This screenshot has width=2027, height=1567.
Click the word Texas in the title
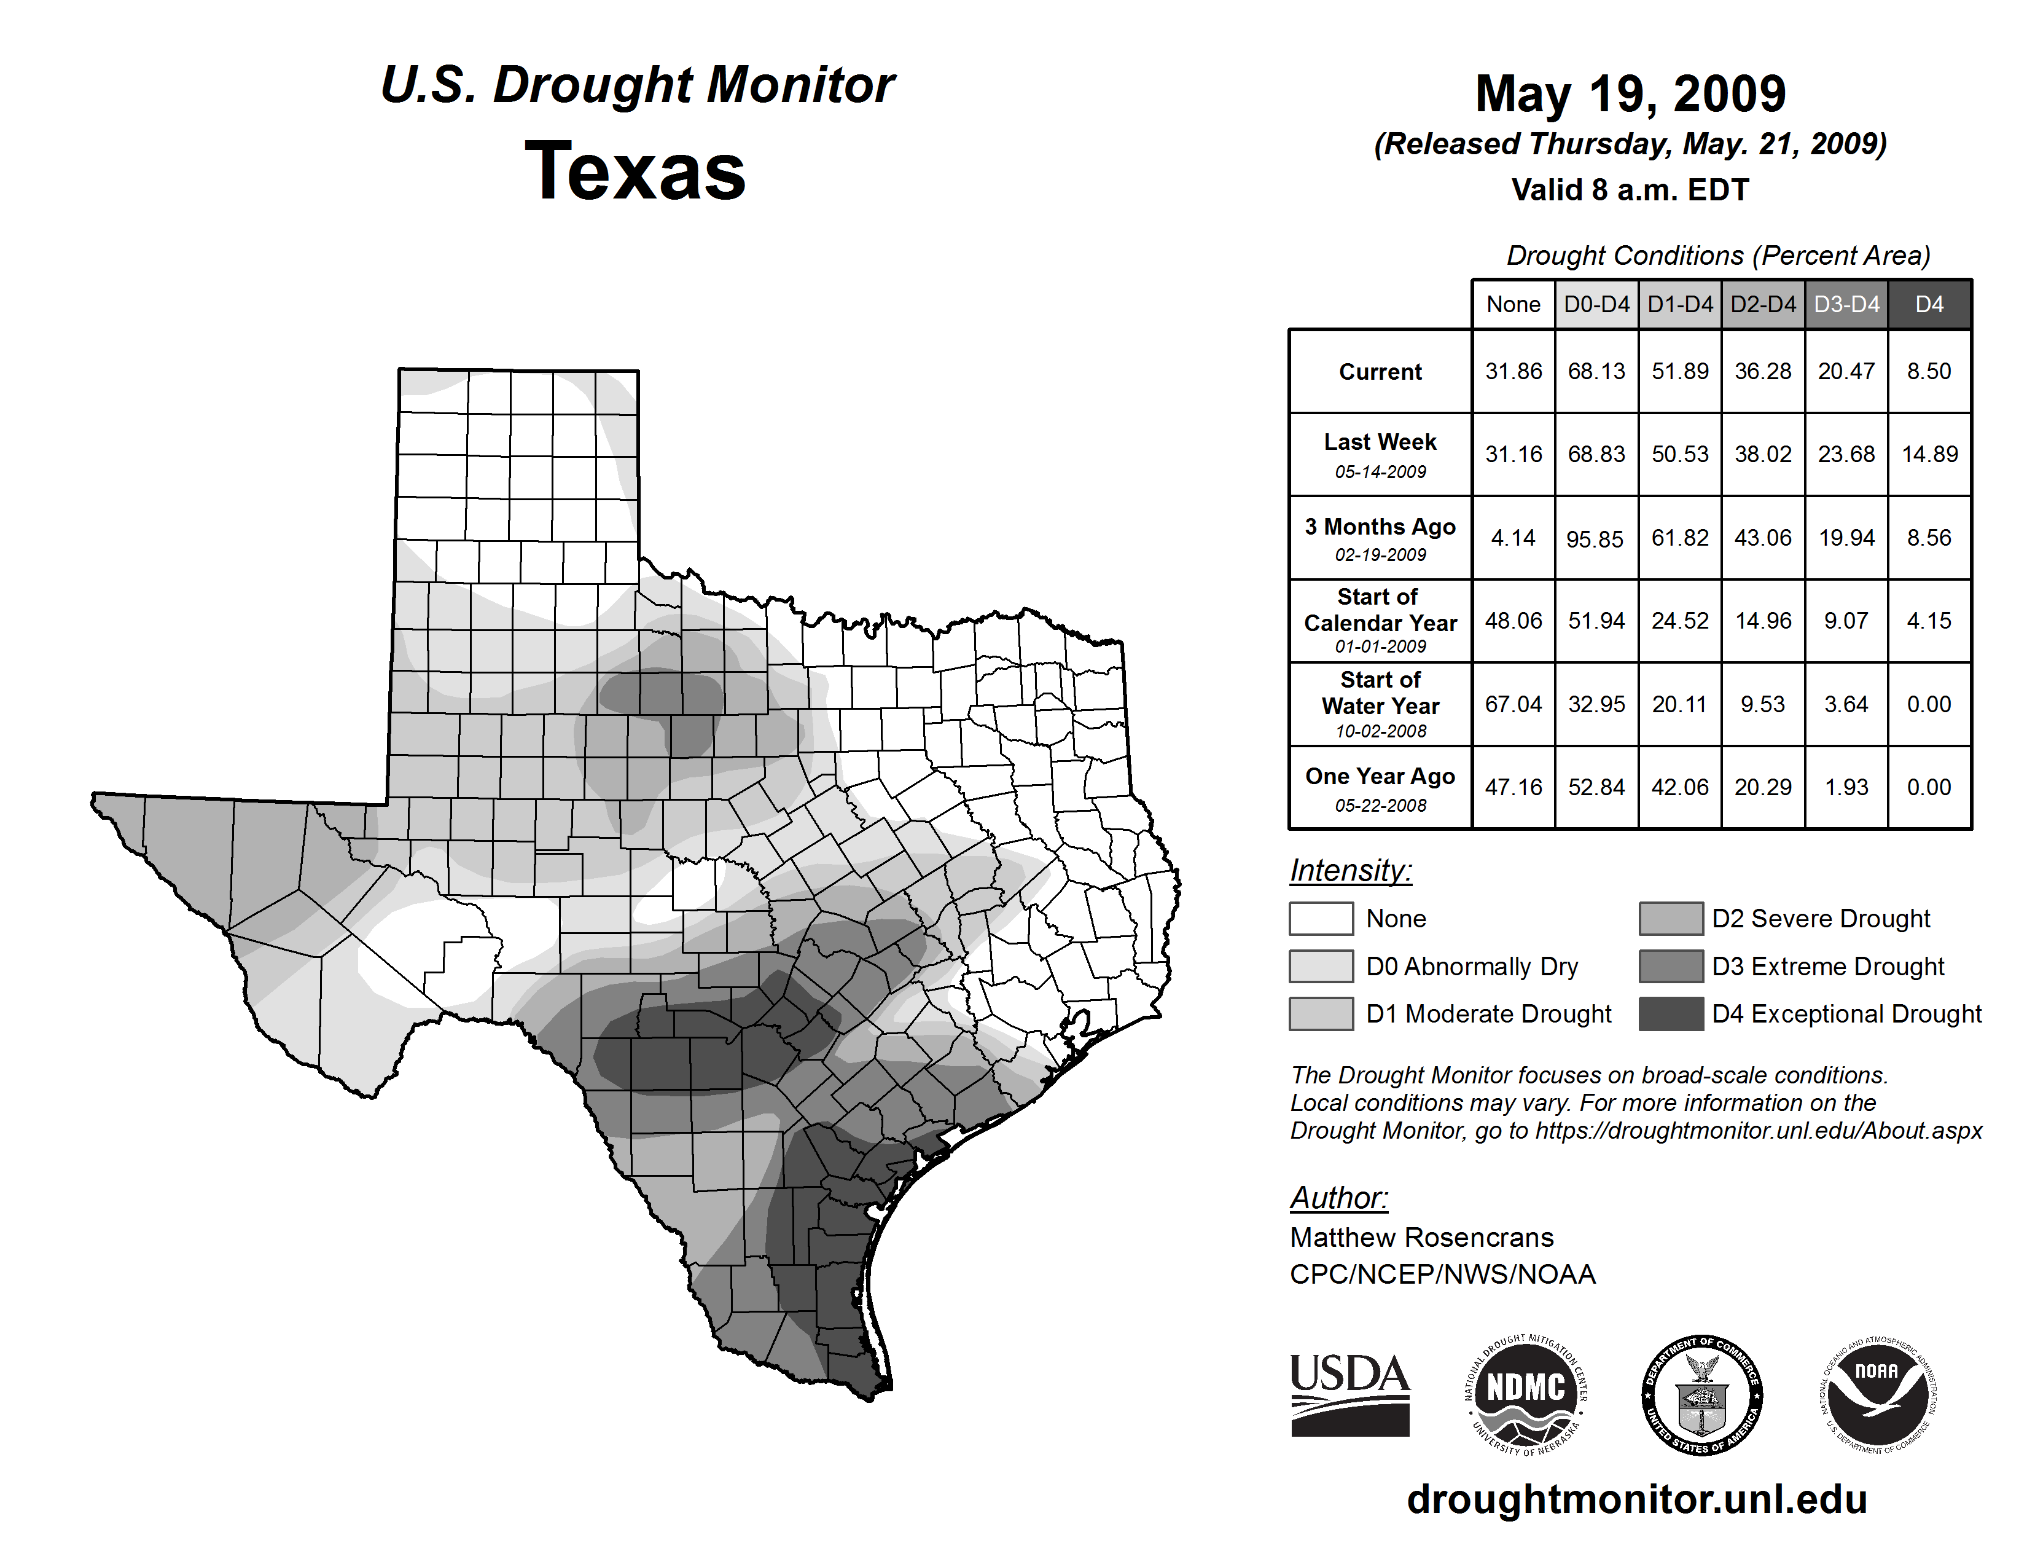[635, 171]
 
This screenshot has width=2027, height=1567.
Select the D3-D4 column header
[1846, 304]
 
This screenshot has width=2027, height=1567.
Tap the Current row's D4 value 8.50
[1929, 371]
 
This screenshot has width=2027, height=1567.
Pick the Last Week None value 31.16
[1513, 454]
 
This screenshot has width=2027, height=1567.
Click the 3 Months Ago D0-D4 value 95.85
[1595, 538]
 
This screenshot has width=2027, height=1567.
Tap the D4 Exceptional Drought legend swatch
[1671, 1014]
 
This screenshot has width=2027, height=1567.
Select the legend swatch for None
[1321, 918]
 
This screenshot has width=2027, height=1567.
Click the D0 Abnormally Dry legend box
[1321, 965]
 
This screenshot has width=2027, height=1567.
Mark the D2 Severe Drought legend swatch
[1671, 918]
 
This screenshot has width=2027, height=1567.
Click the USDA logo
[1349, 1394]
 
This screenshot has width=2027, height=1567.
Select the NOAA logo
[1877, 1394]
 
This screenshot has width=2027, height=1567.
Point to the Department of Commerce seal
[1701, 1394]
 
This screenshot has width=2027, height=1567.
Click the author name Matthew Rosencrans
[1421, 1238]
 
